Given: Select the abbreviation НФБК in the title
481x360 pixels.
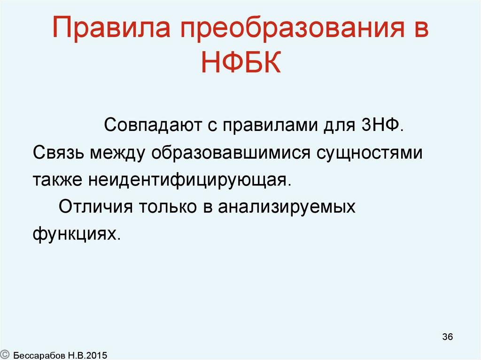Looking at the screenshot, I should (x=240, y=63).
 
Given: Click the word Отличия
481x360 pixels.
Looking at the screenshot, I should (x=93, y=207).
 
